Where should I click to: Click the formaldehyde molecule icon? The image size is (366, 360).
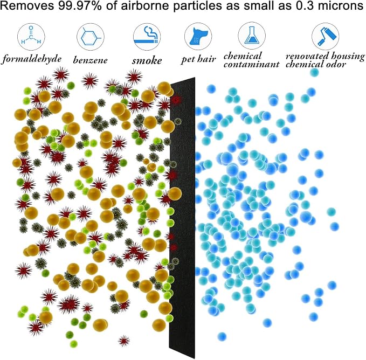click(31, 36)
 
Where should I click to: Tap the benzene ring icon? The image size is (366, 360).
click(91, 37)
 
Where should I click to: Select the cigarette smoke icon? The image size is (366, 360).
click(147, 37)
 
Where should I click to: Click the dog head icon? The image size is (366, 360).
click(198, 37)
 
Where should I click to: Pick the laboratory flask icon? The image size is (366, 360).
click(252, 36)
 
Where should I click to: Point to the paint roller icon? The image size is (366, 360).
click(326, 36)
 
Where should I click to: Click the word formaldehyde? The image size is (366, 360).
click(32, 59)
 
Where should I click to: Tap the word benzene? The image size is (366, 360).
click(91, 60)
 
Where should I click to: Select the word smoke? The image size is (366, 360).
click(147, 60)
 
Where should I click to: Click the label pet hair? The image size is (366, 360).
click(198, 59)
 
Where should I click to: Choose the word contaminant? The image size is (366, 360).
click(251, 64)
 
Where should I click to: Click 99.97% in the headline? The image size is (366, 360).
click(80, 6)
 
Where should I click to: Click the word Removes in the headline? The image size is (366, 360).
click(28, 6)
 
